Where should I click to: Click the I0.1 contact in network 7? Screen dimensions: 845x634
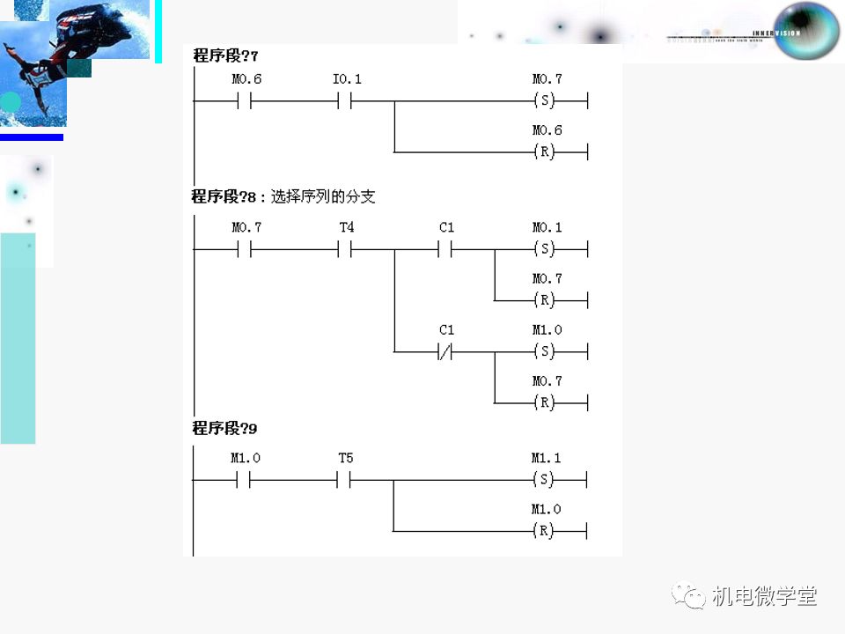pos(346,101)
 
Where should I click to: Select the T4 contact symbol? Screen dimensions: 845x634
pos(346,250)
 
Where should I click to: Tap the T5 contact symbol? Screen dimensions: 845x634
pos(346,481)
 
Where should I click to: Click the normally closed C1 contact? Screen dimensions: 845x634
pos(446,352)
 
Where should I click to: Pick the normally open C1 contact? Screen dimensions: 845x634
pos(446,250)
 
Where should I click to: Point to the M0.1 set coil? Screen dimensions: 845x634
pos(546,250)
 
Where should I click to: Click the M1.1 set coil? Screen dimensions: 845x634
pos(545,481)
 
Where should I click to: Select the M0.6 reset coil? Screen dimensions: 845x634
pos(546,152)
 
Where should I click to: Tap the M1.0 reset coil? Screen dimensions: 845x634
pos(545,532)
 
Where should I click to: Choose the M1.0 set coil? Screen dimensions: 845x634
pos(546,352)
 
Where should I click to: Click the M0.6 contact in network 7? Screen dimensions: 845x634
pos(246,101)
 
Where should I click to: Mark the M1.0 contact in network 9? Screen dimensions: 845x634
pos(245,481)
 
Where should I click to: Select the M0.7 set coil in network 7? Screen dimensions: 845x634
pos(546,101)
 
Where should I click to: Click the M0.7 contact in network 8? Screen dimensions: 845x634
pos(246,250)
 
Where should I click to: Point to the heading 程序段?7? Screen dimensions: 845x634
pos(225,56)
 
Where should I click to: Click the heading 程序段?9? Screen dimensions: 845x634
pos(225,429)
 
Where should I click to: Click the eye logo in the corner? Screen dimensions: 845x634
pos(806,32)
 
